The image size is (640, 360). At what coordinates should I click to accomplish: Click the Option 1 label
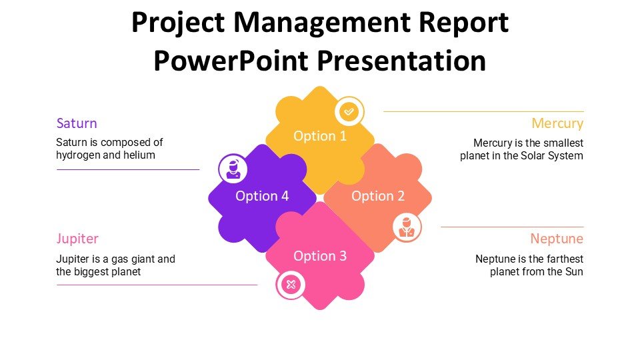(320, 136)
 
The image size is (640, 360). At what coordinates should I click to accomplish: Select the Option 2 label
(378, 196)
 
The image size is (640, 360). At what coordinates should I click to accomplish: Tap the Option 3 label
(320, 256)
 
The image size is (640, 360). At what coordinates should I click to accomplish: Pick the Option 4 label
(262, 196)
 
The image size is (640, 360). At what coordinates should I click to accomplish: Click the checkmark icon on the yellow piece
(349, 111)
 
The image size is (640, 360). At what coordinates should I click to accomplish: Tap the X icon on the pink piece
(291, 285)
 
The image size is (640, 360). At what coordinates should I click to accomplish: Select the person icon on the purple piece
(233, 169)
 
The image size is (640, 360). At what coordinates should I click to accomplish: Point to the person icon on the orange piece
(407, 227)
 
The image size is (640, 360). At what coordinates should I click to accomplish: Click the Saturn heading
(77, 123)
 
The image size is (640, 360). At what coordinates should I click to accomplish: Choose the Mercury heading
(557, 123)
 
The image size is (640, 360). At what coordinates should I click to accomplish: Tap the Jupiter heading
(77, 239)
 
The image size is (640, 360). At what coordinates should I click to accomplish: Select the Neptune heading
(557, 239)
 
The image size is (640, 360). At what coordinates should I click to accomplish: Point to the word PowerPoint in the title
(231, 61)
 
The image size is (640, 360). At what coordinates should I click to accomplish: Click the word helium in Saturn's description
(141, 155)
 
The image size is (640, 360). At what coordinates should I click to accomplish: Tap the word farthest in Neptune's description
(565, 259)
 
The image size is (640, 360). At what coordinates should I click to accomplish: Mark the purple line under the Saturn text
(128, 169)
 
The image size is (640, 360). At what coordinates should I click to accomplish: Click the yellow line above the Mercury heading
(484, 111)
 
